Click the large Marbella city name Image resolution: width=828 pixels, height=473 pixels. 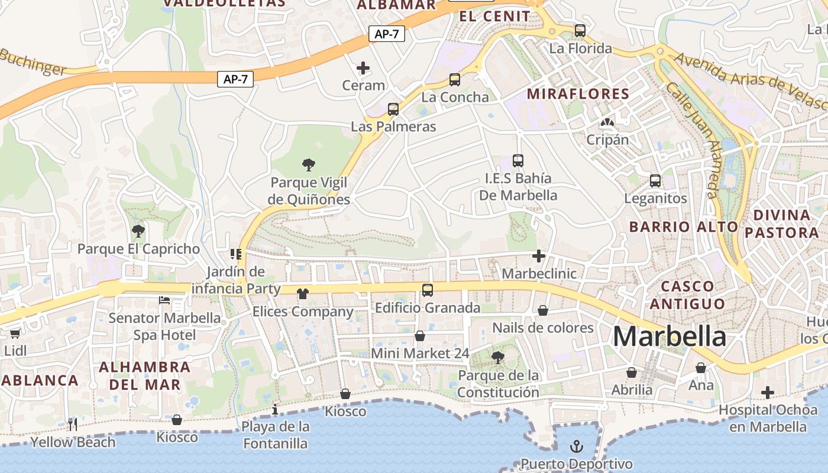tap(669, 336)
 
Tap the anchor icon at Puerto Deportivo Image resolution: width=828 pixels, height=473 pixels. tap(577, 446)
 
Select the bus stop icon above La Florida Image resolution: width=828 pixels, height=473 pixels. tap(580, 30)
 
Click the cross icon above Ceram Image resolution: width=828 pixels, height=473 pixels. tap(363, 68)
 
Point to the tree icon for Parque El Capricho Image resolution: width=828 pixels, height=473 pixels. tap(138, 231)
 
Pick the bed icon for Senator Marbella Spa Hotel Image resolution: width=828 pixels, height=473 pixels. tap(164, 300)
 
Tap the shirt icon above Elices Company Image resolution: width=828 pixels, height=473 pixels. tap(302, 294)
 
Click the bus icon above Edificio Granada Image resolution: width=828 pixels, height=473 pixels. tap(428, 290)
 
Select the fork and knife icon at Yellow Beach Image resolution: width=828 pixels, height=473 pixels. tap(73, 423)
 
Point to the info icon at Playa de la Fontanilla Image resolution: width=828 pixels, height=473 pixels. tap(275, 409)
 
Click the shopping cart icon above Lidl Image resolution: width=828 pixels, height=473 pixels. tap(15, 333)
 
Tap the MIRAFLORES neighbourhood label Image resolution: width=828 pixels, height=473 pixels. tap(578, 93)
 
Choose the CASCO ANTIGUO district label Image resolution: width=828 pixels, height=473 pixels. tap(687, 295)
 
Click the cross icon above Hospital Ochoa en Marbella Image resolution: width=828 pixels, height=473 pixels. tap(768, 392)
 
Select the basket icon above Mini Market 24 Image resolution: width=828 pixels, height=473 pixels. tap(420, 336)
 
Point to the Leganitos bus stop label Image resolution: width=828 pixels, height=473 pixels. tap(655, 198)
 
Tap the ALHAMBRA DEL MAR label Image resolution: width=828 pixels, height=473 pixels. tap(144, 375)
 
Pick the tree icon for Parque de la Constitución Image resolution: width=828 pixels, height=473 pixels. tap(498, 357)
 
